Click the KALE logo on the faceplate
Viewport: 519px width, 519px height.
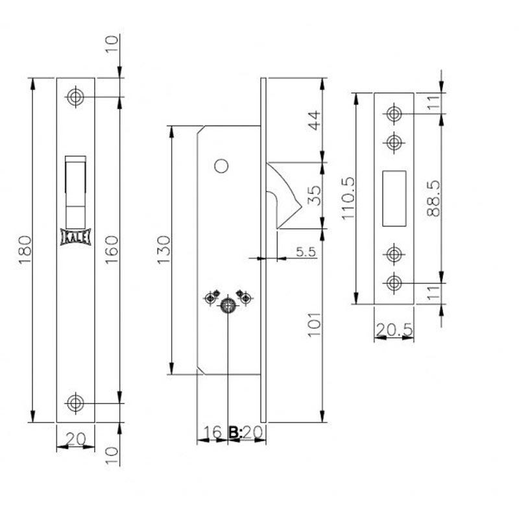(75, 237)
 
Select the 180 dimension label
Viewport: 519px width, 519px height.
(25, 250)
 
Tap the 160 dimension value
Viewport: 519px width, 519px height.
(112, 250)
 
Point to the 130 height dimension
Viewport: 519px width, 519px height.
(163, 250)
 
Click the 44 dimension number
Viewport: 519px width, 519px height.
(315, 121)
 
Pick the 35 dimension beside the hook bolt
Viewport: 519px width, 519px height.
(315, 196)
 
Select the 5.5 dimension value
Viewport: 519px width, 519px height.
(306, 252)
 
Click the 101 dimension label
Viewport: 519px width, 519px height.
(315, 325)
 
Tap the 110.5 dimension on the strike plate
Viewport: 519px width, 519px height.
(348, 199)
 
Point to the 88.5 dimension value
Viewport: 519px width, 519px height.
(433, 199)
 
